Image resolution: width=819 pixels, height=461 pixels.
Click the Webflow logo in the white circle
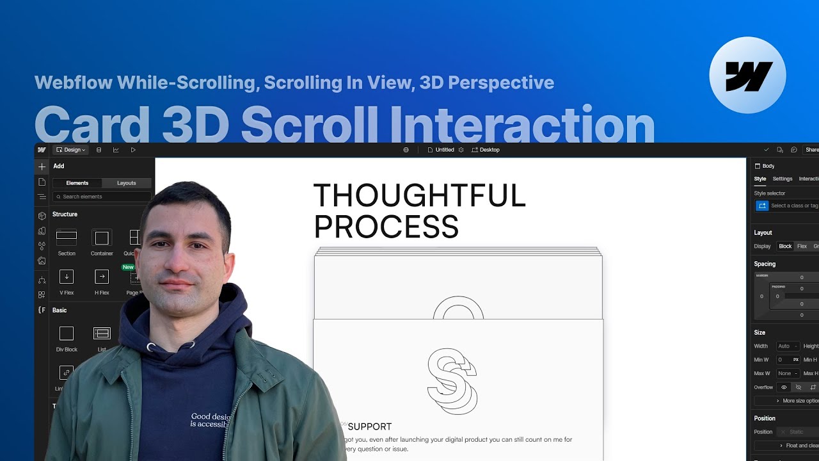[x=748, y=76]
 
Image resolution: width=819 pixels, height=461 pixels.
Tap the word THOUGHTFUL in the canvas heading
[x=419, y=196]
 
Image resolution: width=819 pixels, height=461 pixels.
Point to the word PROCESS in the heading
[x=386, y=227]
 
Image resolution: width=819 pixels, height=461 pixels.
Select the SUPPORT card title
[x=370, y=426]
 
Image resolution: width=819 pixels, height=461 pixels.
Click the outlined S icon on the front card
[x=452, y=382]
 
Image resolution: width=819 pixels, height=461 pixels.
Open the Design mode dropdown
[x=70, y=150]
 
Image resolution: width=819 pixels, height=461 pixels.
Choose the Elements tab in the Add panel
[x=77, y=183]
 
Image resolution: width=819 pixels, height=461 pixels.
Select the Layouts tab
[x=126, y=183]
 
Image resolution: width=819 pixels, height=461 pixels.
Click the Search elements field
[x=102, y=197]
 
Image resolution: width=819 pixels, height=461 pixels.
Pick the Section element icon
[x=67, y=238]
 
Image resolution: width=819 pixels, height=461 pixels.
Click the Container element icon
[x=102, y=238]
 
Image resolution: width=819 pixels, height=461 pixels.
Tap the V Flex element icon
[x=67, y=277]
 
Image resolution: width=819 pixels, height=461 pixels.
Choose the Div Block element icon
[x=67, y=333]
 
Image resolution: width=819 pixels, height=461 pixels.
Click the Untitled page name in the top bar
[x=444, y=150]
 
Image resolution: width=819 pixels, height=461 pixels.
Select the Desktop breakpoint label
[x=489, y=150]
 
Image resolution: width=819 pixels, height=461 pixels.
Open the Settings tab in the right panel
[x=782, y=179]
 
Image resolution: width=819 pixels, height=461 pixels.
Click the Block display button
[x=785, y=247]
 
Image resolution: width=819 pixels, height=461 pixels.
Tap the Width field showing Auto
[x=786, y=346]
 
